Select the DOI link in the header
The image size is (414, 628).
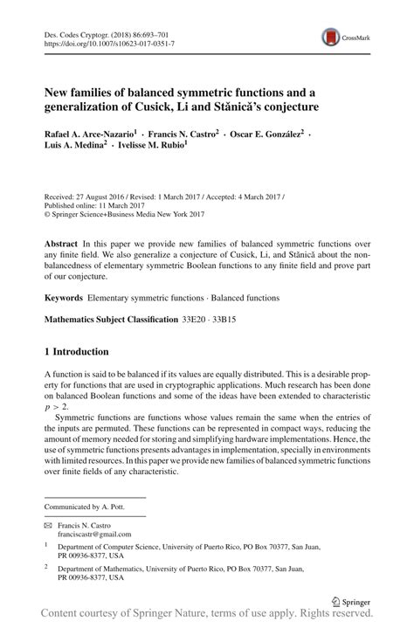(x=108, y=42)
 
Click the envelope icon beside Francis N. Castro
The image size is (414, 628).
(x=48, y=524)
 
